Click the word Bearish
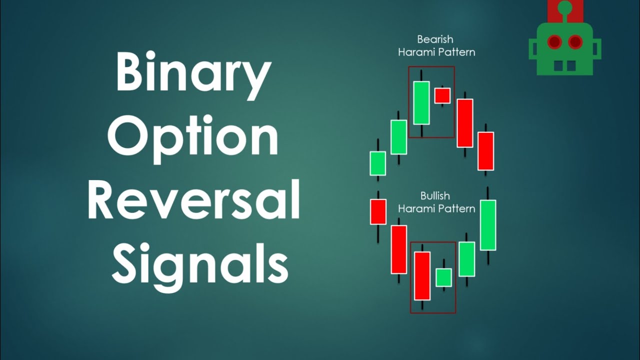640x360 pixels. [x=435, y=39]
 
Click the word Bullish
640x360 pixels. [x=435, y=196]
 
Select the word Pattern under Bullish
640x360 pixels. [x=455, y=208]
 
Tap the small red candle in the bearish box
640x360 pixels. [x=442, y=95]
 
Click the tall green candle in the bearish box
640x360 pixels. [x=421, y=102]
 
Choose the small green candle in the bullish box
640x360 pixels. [x=443, y=277]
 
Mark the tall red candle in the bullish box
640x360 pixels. [x=422, y=275]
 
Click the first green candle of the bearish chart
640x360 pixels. [x=378, y=163]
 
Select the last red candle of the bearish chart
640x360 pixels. [x=485, y=151]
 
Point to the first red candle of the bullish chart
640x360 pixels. [x=378, y=211]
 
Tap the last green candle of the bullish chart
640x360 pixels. [x=488, y=225]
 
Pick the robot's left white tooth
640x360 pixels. [x=558, y=66]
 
